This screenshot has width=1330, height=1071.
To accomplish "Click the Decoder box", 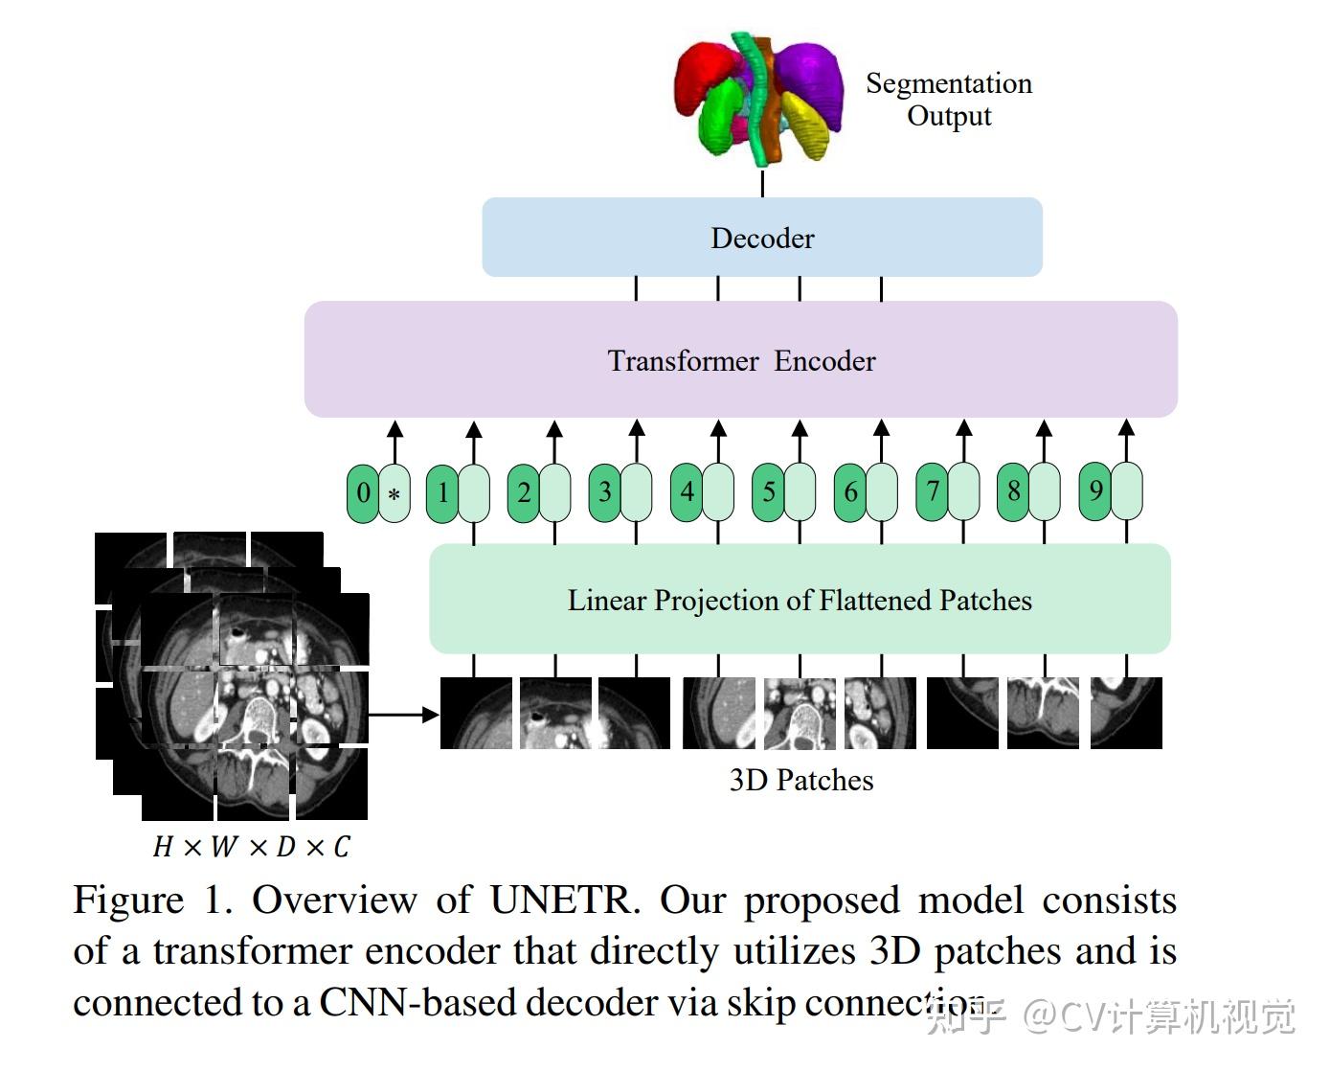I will [761, 238].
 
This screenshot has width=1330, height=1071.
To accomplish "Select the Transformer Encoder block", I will [740, 360].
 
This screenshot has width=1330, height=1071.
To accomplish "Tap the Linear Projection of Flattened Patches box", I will [799, 600].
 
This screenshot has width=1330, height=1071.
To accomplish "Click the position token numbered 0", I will [363, 493].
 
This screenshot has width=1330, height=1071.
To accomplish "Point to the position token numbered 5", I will [768, 492].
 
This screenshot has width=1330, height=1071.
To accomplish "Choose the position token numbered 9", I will [1095, 492].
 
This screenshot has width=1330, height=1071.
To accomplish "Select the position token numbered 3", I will [604, 492].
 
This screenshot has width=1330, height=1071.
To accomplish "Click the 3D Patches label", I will [800, 780].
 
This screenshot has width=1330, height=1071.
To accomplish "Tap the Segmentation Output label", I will [948, 100].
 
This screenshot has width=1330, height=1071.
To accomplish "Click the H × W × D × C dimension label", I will [251, 847].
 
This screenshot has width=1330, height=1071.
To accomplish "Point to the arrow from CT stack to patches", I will [402, 714].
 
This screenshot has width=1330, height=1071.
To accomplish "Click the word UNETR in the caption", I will [562, 900].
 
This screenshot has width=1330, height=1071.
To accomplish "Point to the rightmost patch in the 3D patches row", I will [1126, 713].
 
